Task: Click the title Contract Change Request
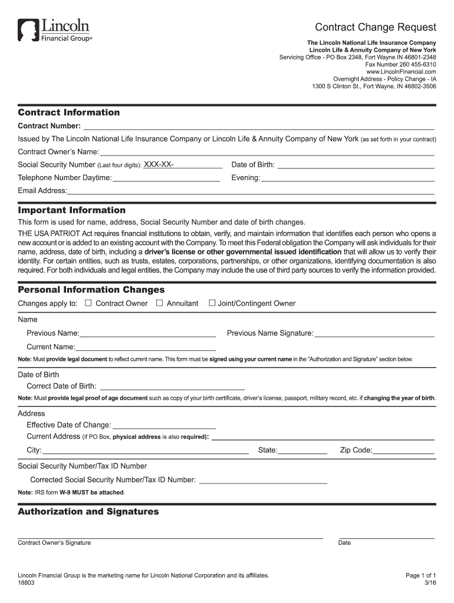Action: point(375,27)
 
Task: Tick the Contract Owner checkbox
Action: point(88,303)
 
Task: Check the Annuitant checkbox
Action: point(159,303)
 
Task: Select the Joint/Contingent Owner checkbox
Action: point(212,303)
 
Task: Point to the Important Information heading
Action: point(72,210)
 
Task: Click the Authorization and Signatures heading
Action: point(88,512)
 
